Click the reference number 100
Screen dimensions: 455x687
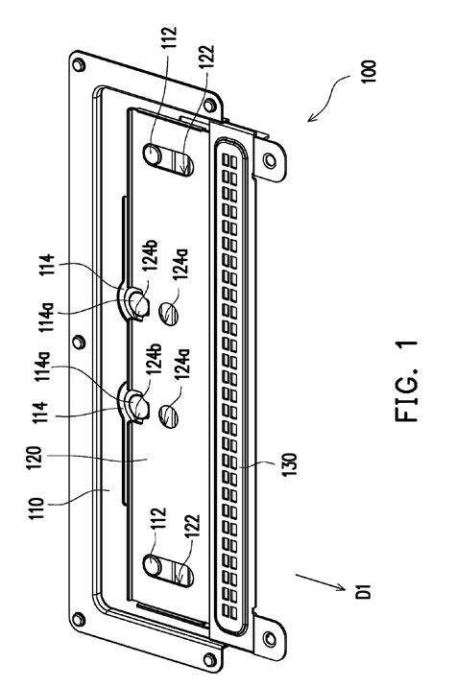point(370,71)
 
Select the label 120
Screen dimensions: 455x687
point(36,458)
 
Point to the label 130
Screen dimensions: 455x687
point(290,464)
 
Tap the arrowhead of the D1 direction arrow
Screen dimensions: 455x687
point(342,587)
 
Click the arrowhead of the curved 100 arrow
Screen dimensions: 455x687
point(311,118)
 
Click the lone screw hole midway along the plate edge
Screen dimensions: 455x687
point(79,342)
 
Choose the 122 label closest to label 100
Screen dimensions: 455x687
point(206,56)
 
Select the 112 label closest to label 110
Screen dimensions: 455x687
point(160,519)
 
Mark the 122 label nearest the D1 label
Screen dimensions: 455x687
point(192,526)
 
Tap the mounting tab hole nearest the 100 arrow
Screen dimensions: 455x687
point(271,160)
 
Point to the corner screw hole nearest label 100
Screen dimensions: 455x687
point(210,105)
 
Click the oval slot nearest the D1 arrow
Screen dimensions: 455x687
point(168,570)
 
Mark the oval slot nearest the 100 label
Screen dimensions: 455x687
point(168,159)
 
